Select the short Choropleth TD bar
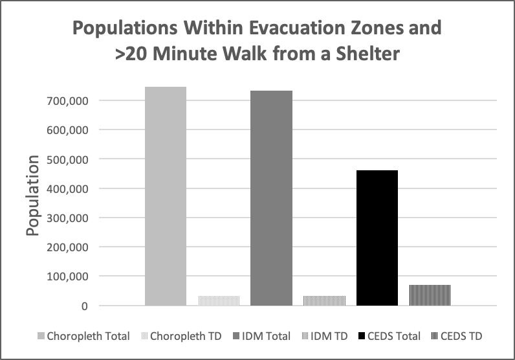point(219,300)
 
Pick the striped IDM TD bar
point(324,300)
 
